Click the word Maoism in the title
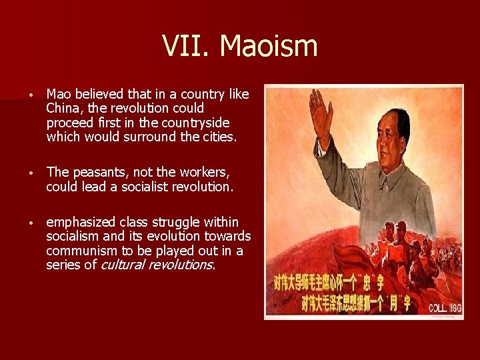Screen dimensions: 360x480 click(269, 47)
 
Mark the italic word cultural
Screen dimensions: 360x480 click(123, 265)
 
